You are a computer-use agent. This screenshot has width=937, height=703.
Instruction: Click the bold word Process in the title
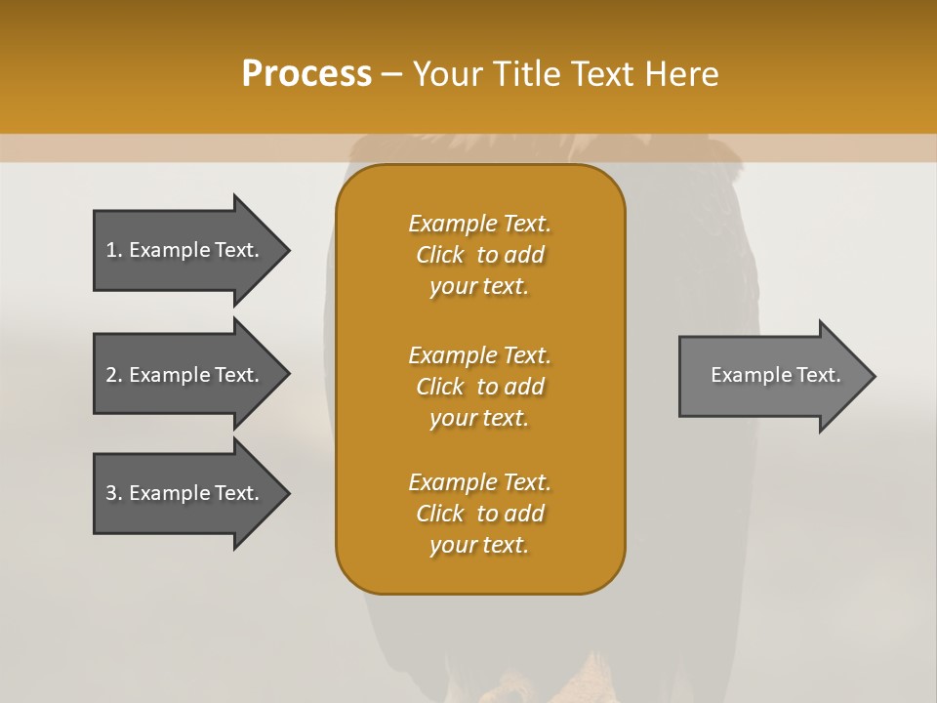tap(306, 74)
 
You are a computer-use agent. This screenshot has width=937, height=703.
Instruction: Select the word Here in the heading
tap(682, 74)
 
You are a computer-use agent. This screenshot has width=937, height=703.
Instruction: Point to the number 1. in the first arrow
tap(113, 250)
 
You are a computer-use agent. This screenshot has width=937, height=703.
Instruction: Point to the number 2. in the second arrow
tap(113, 375)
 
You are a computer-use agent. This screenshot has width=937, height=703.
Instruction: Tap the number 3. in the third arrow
tap(113, 493)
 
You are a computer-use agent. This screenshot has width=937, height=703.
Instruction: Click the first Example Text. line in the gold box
tap(479, 224)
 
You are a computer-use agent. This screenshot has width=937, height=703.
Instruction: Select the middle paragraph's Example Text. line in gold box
tap(479, 355)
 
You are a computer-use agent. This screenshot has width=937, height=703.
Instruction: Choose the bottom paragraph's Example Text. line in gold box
tap(479, 482)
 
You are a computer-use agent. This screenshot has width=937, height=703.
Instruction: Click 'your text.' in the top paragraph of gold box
tap(479, 287)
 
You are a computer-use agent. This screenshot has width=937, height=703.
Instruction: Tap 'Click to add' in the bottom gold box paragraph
tap(479, 514)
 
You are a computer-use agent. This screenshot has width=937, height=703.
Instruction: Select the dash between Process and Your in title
tap(391, 74)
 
